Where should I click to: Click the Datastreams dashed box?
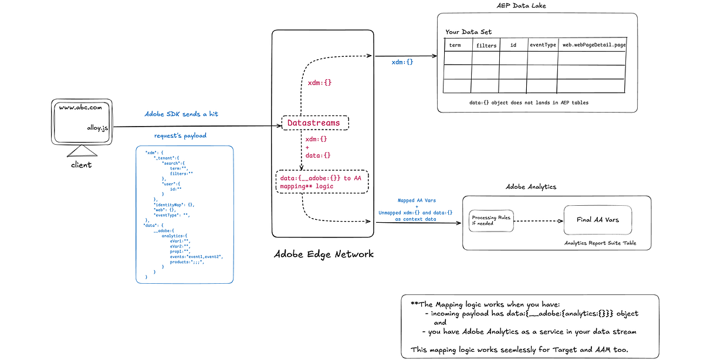pyautogui.click(x=315, y=123)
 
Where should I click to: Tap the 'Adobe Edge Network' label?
pyautogui.click(x=323, y=254)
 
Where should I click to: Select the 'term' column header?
pyautogui.click(x=455, y=45)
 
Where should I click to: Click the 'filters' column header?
pyautogui.click(x=486, y=45)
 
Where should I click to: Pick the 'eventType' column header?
pyautogui.click(x=543, y=45)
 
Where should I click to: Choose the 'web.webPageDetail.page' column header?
pyautogui.click(x=591, y=45)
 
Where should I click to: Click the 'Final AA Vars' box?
pyautogui.click(x=597, y=220)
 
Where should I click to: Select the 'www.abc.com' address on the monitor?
pyautogui.click(x=80, y=108)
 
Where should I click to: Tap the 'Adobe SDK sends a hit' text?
pyautogui.click(x=181, y=114)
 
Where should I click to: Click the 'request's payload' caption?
pyautogui.click(x=181, y=135)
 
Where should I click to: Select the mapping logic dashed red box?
pyautogui.click(x=322, y=182)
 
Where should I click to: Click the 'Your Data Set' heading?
pyautogui.click(x=468, y=32)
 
